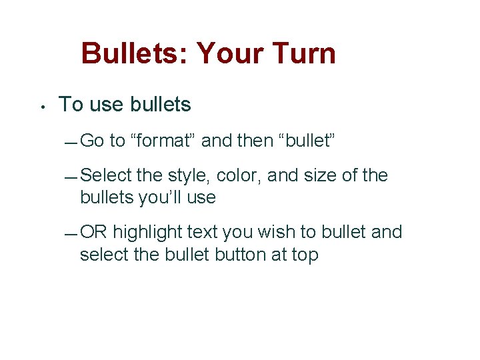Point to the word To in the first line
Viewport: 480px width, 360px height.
tap(71, 105)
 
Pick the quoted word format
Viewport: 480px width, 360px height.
tap(163, 141)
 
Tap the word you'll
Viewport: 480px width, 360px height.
tap(159, 197)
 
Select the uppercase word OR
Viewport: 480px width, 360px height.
tap(93, 232)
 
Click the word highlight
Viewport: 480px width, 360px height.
tap(147, 232)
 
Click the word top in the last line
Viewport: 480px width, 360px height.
tap(304, 255)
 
